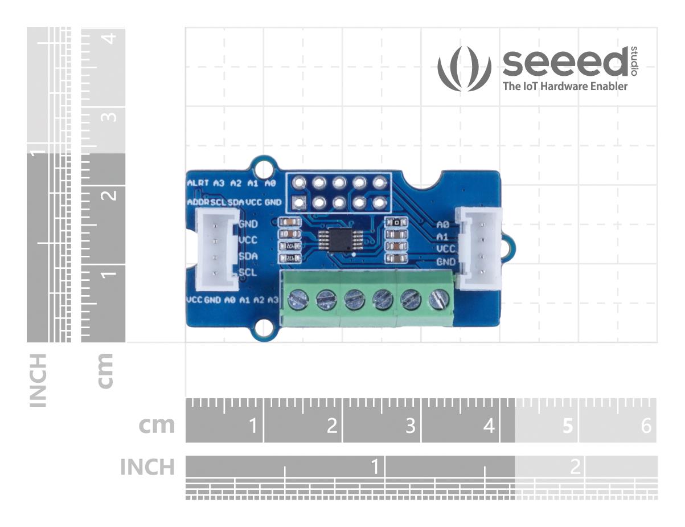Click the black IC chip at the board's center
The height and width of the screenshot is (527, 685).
(331, 239)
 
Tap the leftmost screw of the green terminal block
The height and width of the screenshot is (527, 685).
(296, 297)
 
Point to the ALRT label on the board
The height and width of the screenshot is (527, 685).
(198, 183)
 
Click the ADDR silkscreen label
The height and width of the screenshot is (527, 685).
(198, 202)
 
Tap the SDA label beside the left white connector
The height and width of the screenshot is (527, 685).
(248, 256)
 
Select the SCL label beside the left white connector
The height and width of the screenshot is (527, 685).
(248, 272)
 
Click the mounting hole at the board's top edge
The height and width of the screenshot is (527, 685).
(262, 169)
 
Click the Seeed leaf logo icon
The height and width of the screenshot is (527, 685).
(464, 69)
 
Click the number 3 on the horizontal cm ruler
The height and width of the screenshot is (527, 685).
(410, 426)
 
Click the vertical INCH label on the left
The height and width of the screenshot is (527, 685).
(38, 380)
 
